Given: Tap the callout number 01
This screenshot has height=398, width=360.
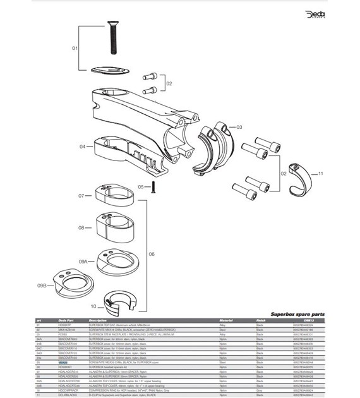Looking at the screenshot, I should click(x=73, y=48).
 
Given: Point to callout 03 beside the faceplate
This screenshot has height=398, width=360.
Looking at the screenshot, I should click(x=239, y=127).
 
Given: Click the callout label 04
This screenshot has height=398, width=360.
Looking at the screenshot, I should click(x=82, y=147).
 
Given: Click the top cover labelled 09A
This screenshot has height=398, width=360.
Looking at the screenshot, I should click(x=118, y=260).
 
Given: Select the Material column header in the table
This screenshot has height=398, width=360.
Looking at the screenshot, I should click(x=226, y=320).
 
